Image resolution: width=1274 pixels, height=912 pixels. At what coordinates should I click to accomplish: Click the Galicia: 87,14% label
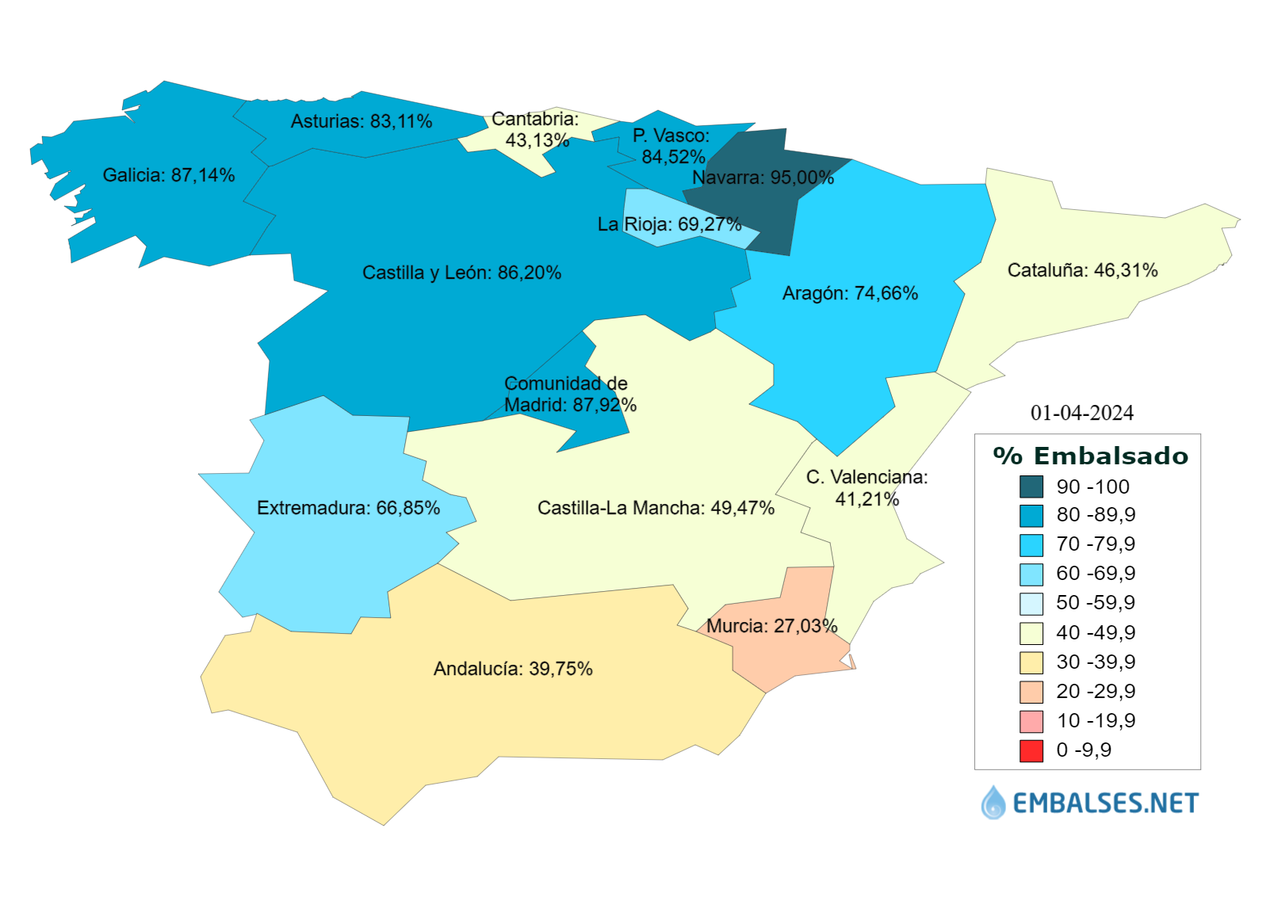point(169,175)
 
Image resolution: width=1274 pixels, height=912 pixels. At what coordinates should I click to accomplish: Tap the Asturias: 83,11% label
point(362,121)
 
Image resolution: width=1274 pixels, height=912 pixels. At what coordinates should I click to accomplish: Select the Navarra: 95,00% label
point(763,177)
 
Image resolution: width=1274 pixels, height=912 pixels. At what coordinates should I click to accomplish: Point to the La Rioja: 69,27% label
point(669,224)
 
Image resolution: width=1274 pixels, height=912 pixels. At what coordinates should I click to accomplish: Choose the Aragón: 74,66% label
point(850,293)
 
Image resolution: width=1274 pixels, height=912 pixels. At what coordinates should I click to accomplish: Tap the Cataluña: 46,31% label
point(1082,270)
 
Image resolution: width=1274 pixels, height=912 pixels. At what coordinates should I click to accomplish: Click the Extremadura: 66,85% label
point(348,508)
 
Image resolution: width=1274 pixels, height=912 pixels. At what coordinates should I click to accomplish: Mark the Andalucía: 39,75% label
point(513,669)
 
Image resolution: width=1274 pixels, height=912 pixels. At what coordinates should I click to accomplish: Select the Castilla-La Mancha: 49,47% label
point(656,508)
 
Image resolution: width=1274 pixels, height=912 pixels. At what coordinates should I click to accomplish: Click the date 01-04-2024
point(1081,413)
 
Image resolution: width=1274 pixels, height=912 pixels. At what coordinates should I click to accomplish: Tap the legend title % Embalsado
point(1091,456)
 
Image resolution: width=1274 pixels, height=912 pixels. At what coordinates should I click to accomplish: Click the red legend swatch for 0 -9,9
point(1031,750)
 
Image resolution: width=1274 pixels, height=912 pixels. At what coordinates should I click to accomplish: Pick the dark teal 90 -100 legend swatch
point(1031,487)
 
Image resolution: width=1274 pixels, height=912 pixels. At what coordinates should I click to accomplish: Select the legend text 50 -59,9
point(1096,603)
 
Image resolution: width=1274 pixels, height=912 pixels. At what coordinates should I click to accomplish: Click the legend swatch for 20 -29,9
point(1031,692)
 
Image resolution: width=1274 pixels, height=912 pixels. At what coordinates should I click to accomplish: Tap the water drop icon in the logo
point(993,803)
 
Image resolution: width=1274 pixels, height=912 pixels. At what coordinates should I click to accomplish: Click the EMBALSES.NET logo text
point(1105,803)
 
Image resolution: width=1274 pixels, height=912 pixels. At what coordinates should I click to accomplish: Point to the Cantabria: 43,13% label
point(536,130)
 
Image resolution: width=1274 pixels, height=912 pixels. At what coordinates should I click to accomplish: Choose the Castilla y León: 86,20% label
point(461,273)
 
